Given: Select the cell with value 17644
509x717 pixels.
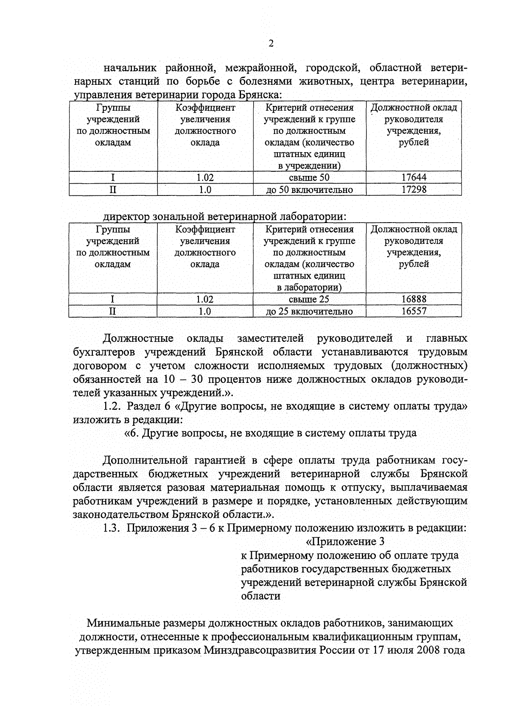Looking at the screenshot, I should click(x=414, y=177).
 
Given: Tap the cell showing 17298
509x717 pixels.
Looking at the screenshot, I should click(x=414, y=190).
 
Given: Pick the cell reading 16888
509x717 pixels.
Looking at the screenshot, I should click(x=414, y=299).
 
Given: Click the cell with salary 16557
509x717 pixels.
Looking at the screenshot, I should click(x=414, y=311).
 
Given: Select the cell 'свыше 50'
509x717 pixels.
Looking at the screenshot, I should click(x=309, y=177).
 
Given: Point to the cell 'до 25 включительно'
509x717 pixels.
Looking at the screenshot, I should click(x=309, y=312).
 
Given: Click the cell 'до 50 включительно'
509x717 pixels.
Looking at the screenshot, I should click(x=309, y=190).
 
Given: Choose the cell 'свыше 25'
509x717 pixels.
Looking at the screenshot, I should click(x=309, y=299).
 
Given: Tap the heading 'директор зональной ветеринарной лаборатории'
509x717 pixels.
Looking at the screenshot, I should click(x=225, y=216).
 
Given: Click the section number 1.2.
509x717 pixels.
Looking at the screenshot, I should click(x=112, y=406).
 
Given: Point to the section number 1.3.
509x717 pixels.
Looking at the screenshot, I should click(x=112, y=528).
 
